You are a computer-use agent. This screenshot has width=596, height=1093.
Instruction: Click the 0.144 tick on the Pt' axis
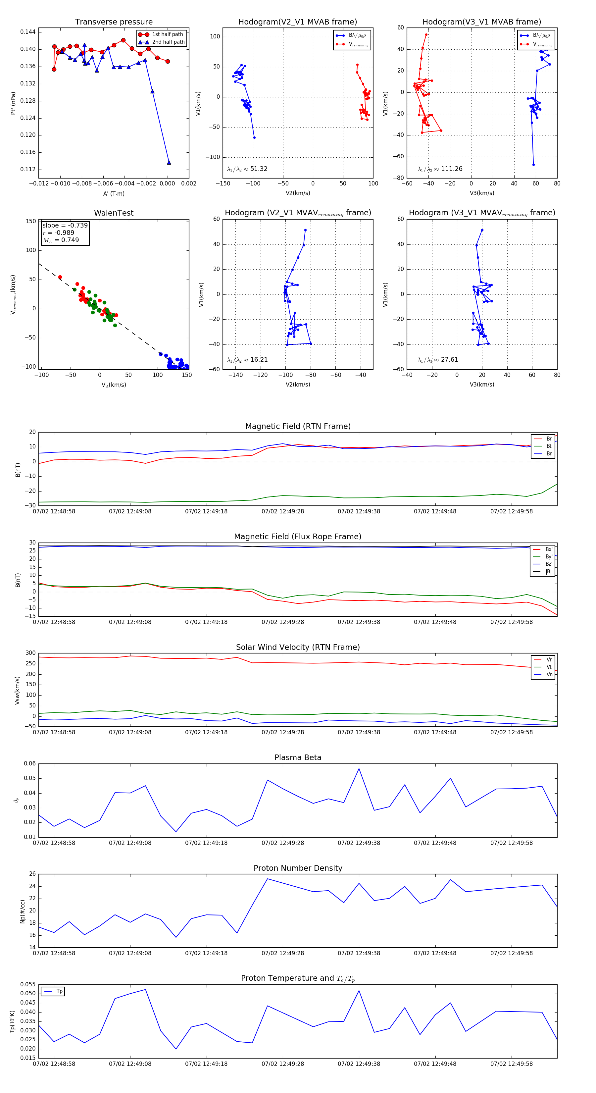click(x=27, y=32)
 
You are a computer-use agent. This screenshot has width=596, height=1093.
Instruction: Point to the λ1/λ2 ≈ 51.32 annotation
click(x=247, y=169)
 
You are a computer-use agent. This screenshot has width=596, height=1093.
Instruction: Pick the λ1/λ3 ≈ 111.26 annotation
click(x=440, y=169)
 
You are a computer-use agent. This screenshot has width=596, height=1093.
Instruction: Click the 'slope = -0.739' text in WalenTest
click(x=65, y=225)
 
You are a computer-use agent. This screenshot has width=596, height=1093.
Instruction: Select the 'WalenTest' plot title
click(x=114, y=213)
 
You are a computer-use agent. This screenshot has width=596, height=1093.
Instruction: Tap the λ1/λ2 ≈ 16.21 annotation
click(x=247, y=360)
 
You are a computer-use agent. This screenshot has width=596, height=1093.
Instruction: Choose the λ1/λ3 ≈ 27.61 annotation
click(x=438, y=360)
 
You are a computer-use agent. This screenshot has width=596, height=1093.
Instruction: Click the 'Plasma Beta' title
click(x=298, y=757)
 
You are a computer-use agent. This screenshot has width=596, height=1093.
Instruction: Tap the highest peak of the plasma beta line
click(x=359, y=768)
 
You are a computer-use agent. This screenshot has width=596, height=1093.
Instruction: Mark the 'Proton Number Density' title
click(x=298, y=868)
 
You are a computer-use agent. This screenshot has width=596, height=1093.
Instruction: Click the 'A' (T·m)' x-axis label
click(x=114, y=193)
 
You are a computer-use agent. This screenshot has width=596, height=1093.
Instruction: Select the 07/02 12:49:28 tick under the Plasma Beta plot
click(x=282, y=843)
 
